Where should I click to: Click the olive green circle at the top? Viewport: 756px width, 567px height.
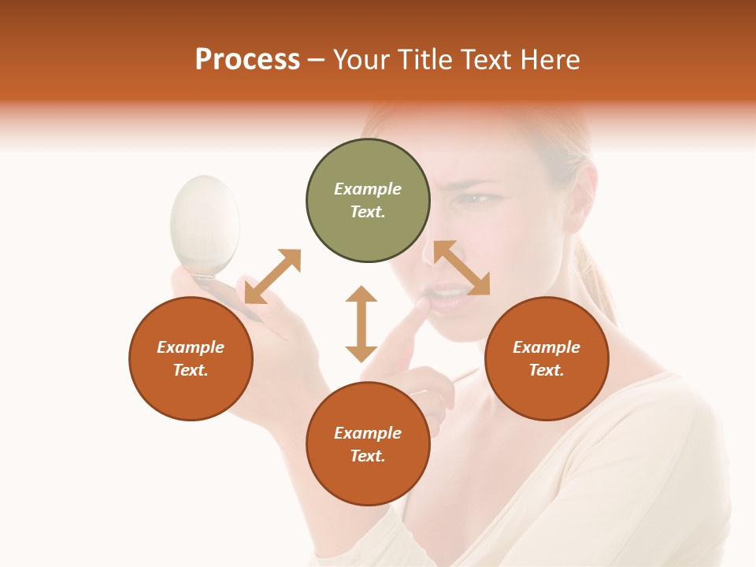pyautogui.click(x=368, y=201)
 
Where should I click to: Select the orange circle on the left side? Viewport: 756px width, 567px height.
pyautogui.click(x=191, y=358)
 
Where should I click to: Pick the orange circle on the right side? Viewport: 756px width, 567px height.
pyautogui.click(x=547, y=358)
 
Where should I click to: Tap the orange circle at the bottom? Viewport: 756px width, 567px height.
pyautogui.click(x=368, y=444)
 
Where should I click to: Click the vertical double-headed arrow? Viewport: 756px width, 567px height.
pyautogui.click(x=361, y=324)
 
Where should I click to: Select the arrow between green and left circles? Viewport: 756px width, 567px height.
pyautogui.click(x=272, y=276)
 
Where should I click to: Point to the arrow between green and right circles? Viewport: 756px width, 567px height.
pyautogui.click(x=461, y=268)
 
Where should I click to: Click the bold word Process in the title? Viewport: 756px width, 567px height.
pyautogui.click(x=247, y=59)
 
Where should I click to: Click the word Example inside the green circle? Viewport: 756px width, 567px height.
pyautogui.click(x=368, y=189)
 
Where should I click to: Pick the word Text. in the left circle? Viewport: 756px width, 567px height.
pyautogui.click(x=191, y=370)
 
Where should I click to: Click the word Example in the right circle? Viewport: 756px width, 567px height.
pyautogui.click(x=547, y=347)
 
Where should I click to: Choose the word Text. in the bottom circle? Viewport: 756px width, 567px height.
pyautogui.click(x=368, y=456)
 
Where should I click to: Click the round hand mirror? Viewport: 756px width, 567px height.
pyautogui.click(x=206, y=224)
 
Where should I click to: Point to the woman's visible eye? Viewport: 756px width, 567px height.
pyautogui.click(x=475, y=198)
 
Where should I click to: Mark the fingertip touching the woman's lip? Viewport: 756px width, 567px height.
pyautogui.click(x=424, y=303)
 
